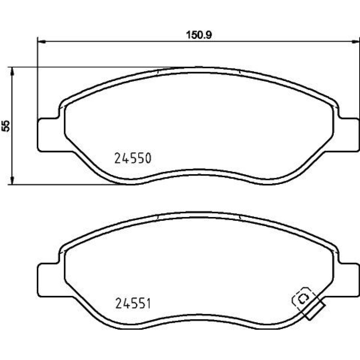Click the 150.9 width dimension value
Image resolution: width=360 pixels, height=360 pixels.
[x=199, y=35]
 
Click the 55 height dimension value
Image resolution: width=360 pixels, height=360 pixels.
[x=6, y=126]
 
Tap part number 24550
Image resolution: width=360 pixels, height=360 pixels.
[x=133, y=158]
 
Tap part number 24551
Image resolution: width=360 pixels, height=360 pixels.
[x=133, y=303]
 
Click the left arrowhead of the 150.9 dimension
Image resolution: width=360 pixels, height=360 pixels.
[x=41, y=41]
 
